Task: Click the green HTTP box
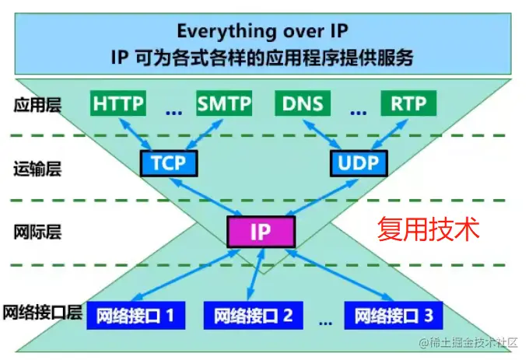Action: pyautogui.click(x=118, y=103)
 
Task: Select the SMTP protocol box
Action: pyautogui.click(x=224, y=103)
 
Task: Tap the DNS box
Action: pyautogui.click(x=303, y=103)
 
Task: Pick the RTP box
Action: pyautogui.click(x=408, y=103)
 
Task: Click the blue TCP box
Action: pyautogui.click(x=169, y=163)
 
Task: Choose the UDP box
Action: pyautogui.click(x=359, y=163)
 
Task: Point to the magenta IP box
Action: pyautogui.click(x=261, y=232)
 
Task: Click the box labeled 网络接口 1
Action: pyautogui.click(x=136, y=316)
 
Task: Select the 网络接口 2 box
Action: pyautogui.click(x=254, y=316)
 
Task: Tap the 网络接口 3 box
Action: pyautogui.click(x=394, y=316)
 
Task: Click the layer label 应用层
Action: pyautogui.click(x=37, y=105)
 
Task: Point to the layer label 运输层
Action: pyautogui.click(x=37, y=169)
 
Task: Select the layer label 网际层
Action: pyautogui.click(x=37, y=232)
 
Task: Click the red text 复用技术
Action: pyautogui.click(x=428, y=229)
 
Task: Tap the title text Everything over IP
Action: pyautogui.click(x=262, y=31)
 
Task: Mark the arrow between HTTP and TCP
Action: pyautogui.click(x=135, y=135)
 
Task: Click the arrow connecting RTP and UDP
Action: pyautogui.click(x=390, y=135)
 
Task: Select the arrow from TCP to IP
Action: pyautogui.click(x=206, y=197)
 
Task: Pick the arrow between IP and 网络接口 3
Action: pyautogui.click(x=340, y=274)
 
